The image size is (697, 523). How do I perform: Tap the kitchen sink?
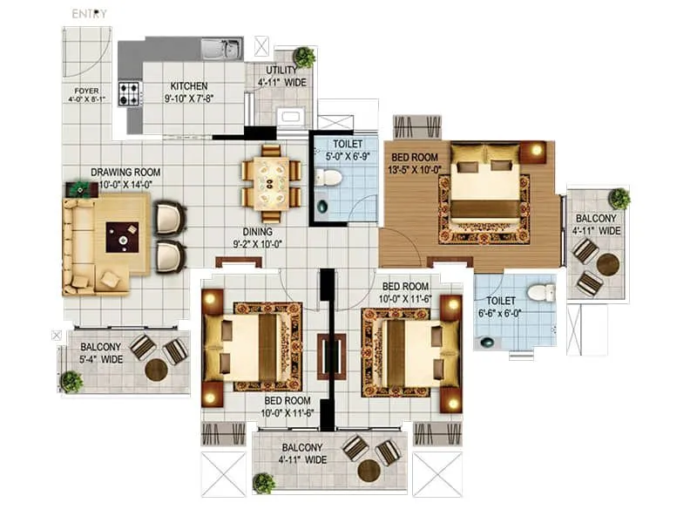pos(220,50)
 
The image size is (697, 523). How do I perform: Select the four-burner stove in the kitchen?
pos(130,93)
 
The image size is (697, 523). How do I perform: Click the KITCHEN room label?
pos(189,86)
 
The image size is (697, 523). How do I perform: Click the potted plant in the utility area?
pos(304,58)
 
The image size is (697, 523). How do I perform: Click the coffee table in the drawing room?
pos(122,236)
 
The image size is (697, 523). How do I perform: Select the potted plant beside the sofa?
pos(81,187)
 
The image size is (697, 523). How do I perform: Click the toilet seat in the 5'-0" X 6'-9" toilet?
pos(328,178)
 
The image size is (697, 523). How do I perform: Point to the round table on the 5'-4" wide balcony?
pos(156,370)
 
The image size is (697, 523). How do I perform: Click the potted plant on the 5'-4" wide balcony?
pos(71,381)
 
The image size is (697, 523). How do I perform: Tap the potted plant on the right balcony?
pos(619,198)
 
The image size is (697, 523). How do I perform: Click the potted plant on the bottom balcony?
pos(264,482)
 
